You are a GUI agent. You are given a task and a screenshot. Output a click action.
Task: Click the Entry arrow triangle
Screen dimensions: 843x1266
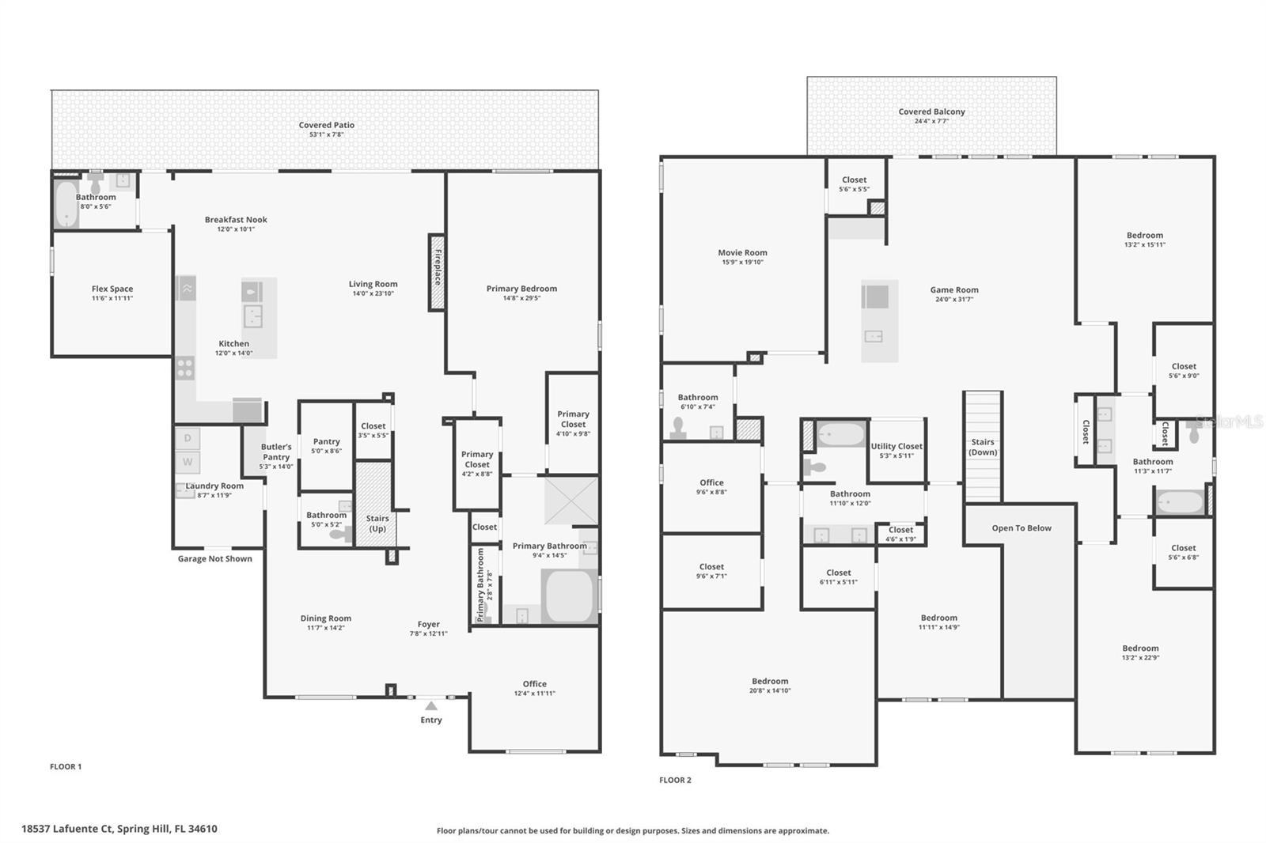430,705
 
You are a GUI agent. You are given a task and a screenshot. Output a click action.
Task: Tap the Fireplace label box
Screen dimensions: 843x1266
437,271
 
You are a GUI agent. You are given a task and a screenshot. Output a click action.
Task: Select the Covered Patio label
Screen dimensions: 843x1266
326,125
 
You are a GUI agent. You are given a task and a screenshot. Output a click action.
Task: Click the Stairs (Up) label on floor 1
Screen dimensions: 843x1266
377,524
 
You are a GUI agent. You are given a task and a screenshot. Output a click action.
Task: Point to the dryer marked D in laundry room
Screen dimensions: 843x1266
188,438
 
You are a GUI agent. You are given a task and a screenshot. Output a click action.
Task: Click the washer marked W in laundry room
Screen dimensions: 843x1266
188,462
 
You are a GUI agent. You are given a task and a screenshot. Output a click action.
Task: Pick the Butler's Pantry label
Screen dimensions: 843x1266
276,452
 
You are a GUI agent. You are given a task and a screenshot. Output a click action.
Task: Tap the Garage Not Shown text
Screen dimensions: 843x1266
214,558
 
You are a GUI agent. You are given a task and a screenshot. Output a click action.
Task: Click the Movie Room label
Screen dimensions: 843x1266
742,253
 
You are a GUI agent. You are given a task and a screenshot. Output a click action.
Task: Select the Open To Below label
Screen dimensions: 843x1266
1022,528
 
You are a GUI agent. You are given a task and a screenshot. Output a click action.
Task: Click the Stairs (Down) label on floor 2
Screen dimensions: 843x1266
983,448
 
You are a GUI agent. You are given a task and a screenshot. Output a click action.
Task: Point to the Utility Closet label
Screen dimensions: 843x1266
896,446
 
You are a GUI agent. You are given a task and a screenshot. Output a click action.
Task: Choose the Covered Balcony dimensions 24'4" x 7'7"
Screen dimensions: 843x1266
931,121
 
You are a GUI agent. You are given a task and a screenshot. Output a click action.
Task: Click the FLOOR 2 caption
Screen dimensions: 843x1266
675,780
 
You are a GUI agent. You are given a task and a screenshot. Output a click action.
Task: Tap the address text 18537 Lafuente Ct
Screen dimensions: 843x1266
119,829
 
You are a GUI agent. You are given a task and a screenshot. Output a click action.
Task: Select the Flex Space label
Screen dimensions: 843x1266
112,289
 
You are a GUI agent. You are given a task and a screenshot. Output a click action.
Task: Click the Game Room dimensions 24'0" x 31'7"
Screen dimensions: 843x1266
953,300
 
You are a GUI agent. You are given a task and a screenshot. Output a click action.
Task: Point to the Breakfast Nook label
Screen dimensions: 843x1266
236,220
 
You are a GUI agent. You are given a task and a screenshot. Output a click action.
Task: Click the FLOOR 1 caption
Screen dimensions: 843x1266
66,766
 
